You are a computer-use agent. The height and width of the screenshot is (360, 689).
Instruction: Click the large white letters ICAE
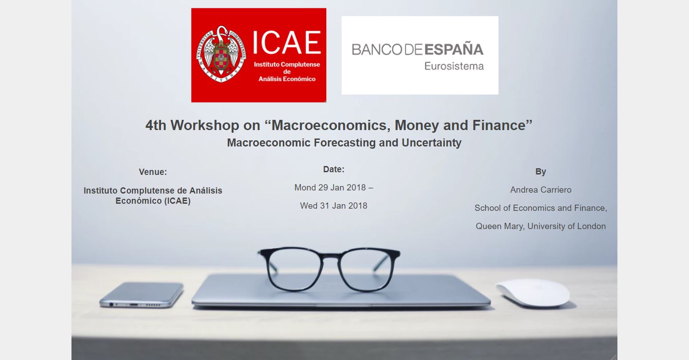tap(287, 43)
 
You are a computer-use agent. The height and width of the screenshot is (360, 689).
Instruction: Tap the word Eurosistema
tap(454, 66)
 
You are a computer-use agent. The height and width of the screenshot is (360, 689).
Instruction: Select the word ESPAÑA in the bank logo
tap(454, 49)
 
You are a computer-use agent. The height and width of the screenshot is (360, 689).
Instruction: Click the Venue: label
tap(153, 172)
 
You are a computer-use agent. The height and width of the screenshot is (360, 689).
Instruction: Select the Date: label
tap(334, 170)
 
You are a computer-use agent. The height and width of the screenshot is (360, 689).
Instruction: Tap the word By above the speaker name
tap(541, 171)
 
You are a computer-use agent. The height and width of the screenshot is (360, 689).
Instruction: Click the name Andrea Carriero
tap(541, 190)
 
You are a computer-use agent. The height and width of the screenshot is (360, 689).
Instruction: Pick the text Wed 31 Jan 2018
tap(334, 206)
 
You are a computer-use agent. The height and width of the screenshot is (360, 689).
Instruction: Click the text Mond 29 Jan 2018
tap(330, 187)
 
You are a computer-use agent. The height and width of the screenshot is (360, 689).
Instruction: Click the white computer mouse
tap(533, 293)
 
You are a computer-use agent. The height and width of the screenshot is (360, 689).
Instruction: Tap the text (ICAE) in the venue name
tap(177, 201)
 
